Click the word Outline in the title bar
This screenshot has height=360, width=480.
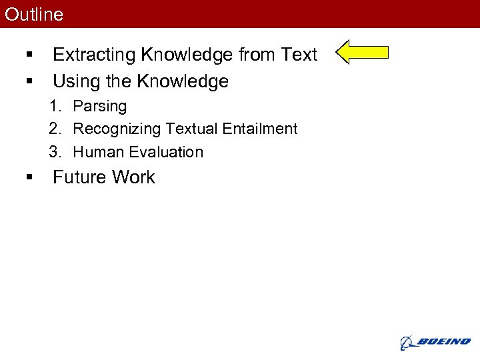pyautogui.click(x=34, y=14)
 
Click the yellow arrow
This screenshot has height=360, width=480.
pyautogui.click(x=361, y=52)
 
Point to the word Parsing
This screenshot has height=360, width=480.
pyautogui.click(x=99, y=107)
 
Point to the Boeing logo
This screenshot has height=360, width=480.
pyautogui.click(x=435, y=342)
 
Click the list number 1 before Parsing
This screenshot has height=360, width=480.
pyautogui.click(x=54, y=107)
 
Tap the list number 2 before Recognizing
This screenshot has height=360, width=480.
pyautogui.click(x=54, y=129)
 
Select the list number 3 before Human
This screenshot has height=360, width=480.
pyautogui.click(x=54, y=152)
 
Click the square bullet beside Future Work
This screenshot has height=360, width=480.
pyautogui.click(x=29, y=177)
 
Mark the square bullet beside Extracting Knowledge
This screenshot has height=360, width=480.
pyautogui.click(x=29, y=55)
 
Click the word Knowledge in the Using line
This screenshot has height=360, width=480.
pyautogui.click(x=182, y=82)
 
